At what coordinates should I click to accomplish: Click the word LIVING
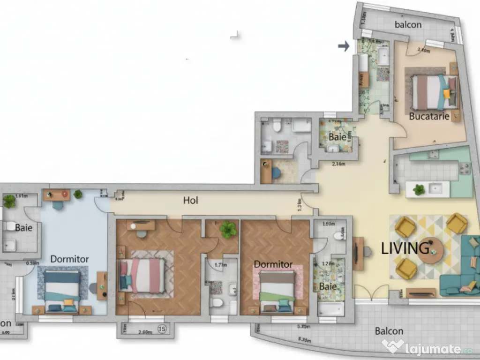pos(405,248)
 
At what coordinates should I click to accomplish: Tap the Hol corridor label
pos(191,201)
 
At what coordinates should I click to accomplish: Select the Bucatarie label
pos(429,116)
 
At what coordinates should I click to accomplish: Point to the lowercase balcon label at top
pos(408,24)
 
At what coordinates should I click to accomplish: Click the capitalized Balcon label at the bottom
pos(389,331)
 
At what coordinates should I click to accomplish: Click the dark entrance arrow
pos(344,46)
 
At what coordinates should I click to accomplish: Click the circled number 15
pos(163,329)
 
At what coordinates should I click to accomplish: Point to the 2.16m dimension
pos(338,164)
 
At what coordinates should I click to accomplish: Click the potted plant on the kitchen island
pos(419,189)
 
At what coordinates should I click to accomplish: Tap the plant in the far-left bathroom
pos(9,201)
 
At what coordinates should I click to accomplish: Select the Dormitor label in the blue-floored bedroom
pos(69,259)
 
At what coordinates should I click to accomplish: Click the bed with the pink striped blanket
pos(142,275)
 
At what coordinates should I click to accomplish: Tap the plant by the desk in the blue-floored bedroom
pos(78,194)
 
